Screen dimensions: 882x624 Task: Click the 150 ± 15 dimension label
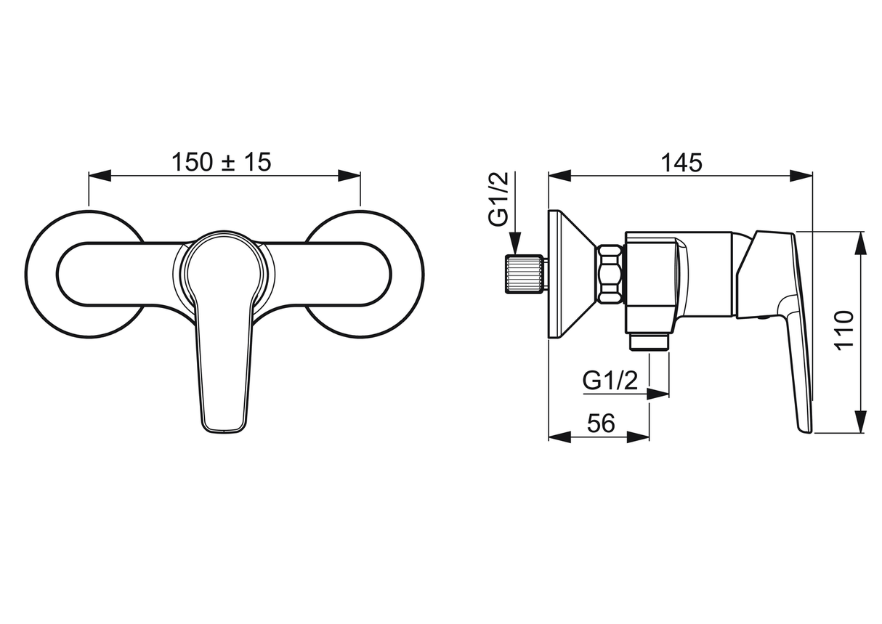(222, 162)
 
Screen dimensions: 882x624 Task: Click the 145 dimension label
(681, 163)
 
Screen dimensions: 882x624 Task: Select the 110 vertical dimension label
(843, 331)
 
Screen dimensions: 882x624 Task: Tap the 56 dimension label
(601, 424)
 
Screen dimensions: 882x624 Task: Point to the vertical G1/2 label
(498, 199)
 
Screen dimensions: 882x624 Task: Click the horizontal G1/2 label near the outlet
(610, 381)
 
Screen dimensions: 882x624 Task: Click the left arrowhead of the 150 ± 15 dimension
(100, 176)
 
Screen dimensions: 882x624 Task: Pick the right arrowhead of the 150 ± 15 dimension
(349, 176)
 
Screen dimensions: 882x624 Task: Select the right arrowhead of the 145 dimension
(801, 176)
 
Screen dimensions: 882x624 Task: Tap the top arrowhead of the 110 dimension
(862, 243)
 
